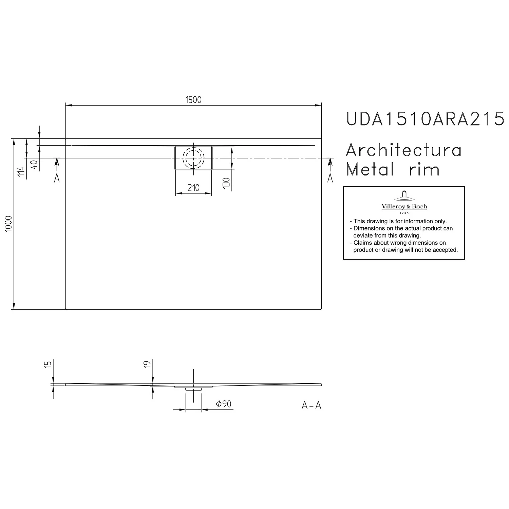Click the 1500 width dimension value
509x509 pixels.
pos(193,100)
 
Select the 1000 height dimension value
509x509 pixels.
pos(9,224)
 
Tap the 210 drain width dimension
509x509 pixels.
pos(193,188)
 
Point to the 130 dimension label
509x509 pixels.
pos(227,183)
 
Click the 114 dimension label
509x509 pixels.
pos(21,171)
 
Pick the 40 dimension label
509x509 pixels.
pos(34,165)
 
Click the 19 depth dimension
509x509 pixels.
pos(147,364)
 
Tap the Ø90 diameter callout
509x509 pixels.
pos(224,404)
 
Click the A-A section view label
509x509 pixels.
pos(311,406)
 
